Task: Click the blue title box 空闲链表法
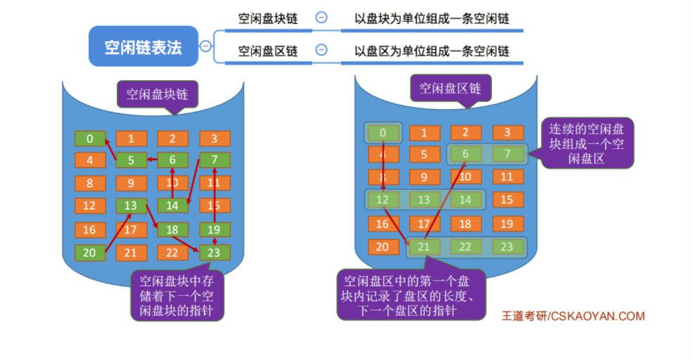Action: pos(144,46)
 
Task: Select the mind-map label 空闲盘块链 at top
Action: pos(267,19)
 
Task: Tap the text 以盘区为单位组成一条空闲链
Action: pos(432,51)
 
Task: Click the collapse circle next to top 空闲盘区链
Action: pos(321,51)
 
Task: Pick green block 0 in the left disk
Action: pos(90,139)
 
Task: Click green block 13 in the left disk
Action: pos(131,206)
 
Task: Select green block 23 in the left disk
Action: pos(215,252)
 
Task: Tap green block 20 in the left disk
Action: pos(90,252)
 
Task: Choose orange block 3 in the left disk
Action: pos(215,139)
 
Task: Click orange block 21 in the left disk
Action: pos(131,252)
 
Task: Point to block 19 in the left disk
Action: pos(215,229)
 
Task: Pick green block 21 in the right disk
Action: pos(424,247)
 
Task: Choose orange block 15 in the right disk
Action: pos(507,200)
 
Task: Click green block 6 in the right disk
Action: pos(465,154)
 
